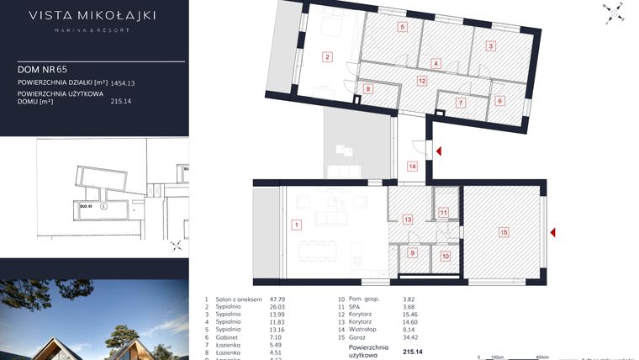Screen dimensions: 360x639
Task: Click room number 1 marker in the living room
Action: pyautogui.click(x=296, y=225)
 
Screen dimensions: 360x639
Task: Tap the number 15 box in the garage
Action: pyautogui.click(x=504, y=231)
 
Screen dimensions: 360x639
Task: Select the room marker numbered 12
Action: pyautogui.click(x=422, y=81)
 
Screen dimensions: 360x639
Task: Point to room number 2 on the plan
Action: pyautogui.click(x=327, y=57)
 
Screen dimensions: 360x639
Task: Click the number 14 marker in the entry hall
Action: pyautogui.click(x=412, y=167)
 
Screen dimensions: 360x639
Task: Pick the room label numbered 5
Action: pyautogui.click(x=403, y=28)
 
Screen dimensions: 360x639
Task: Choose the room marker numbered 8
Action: pyautogui.click(x=367, y=88)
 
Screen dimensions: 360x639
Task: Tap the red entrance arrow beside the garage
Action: pyautogui.click(x=553, y=232)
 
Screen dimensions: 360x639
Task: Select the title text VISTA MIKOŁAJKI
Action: pyautogui.click(x=92, y=14)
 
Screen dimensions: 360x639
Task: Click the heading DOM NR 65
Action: pyautogui.click(x=42, y=69)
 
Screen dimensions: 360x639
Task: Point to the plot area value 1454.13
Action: pyautogui.click(x=123, y=83)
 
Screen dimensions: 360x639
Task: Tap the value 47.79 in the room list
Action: pyautogui.click(x=277, y=299)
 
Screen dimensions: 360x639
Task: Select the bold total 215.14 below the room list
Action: pyautogui.click(x=413, y=352)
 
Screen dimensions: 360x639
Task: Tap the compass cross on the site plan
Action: pyautogui.click(x=177, y=246)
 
